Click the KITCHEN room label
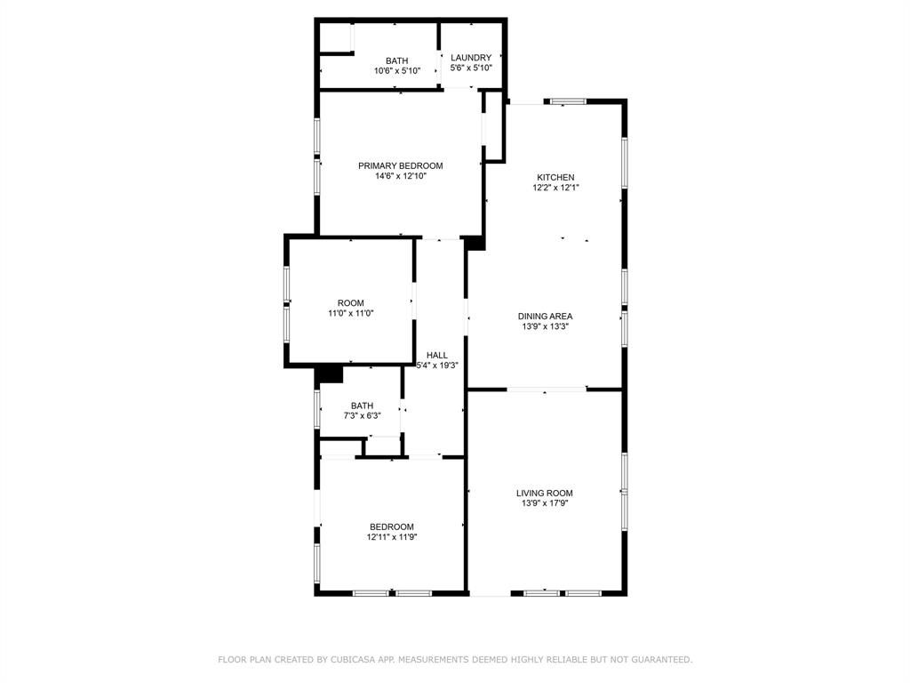[x=555, y=177]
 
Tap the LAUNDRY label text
[x=471, y=58]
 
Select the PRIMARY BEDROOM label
[x=400, y=165]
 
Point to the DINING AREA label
[x=545, y=316]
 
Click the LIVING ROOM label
[x=545, y=493]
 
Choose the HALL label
[x=437, y=355]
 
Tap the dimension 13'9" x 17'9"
[x=545, y=503]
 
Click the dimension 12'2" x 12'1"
[x=555, y=188]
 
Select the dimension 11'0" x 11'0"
[x=350, y=313]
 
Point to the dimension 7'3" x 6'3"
[x=362, y=415]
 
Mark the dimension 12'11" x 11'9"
[x=391, y=537]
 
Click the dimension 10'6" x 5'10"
[x=396, y=71]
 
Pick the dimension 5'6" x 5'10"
[x=471, y=68]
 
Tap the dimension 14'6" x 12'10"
[x=400, y=176]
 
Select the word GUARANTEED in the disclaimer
[x=659, y=659]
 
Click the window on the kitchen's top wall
[x=567, y=101]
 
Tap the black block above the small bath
[x=329, y=374]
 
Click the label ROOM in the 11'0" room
[x=350, y=303]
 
